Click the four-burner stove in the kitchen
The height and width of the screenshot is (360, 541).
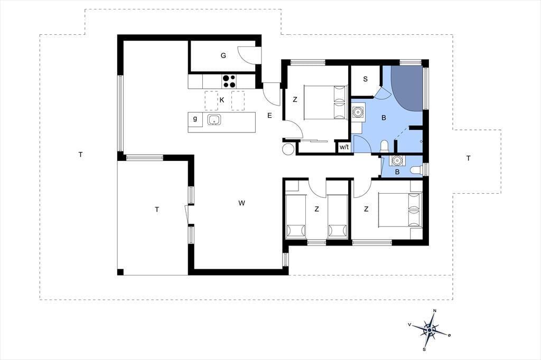[229, 81]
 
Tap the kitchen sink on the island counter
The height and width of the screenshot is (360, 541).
[214, 120]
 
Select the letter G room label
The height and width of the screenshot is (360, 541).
[223, 55]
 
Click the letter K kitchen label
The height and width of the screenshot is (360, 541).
[222, 100]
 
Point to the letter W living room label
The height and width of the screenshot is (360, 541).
[241, 203]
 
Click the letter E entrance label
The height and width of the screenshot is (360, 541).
[269, 116]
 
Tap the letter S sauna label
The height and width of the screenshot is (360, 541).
[366, 79]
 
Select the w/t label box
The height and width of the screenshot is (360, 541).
[344, 147]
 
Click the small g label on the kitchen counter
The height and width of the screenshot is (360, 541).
[195, 119]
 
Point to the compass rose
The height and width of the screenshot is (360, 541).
[429, 330]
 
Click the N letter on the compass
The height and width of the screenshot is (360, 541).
[435, 311]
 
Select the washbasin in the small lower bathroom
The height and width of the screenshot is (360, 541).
[396, 160]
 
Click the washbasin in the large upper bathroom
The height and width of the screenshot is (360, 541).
[358, 112]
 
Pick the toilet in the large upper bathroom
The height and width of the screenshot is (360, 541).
[384, 146]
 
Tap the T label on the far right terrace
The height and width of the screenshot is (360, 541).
[468, 158]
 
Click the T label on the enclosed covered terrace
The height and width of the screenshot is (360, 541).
[157, 210]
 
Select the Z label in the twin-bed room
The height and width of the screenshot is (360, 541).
[316, 209]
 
